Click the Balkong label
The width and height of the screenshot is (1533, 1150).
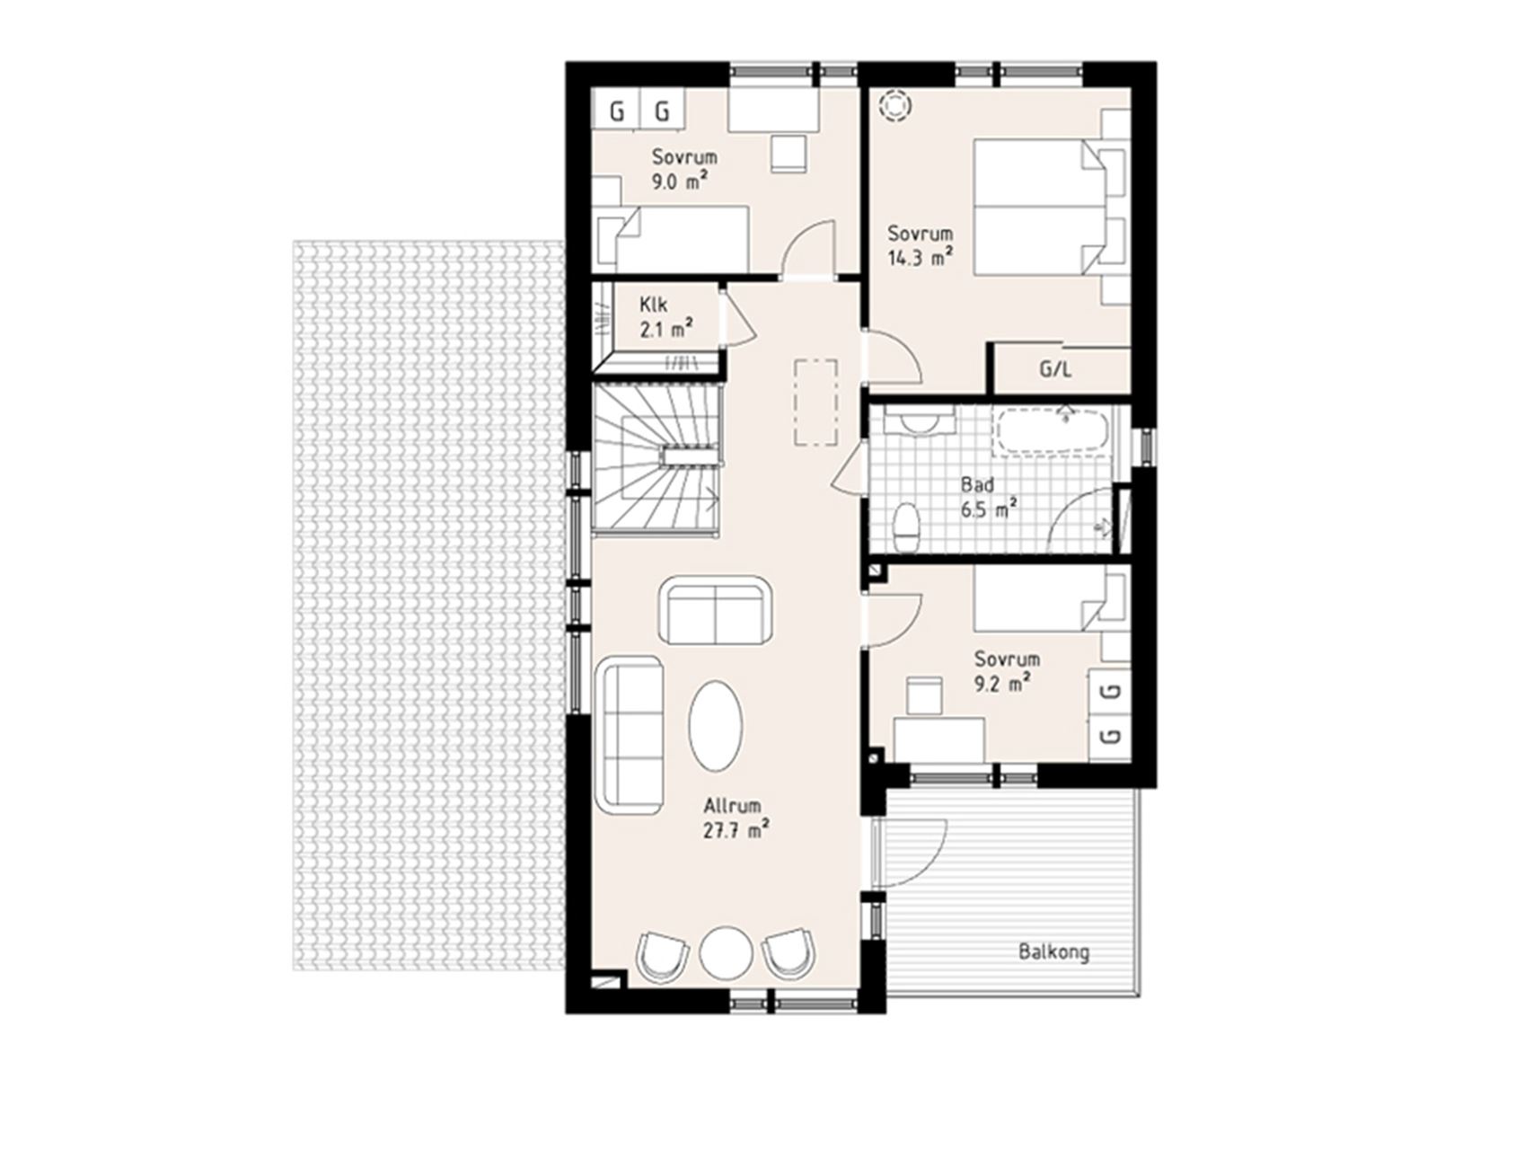click(x=1054, y=951)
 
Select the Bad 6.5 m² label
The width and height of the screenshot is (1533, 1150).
click(x=988, y=498)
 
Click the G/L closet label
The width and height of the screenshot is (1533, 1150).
click(x=1055, y=369)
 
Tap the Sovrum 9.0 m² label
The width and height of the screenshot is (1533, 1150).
click(x=684, y=169)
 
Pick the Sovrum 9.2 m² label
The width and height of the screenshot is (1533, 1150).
click(x=1007, y=671)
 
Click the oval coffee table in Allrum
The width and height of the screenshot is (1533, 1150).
click(x=716, y=723)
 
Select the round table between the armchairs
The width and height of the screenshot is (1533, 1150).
click(x=727, y=953)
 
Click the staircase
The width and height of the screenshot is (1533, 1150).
click(x=656, y=460)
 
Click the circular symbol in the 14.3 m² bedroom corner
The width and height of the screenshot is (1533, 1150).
click(x=894, y=105)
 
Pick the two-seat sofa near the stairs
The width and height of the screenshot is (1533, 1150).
click(x=715, y=610)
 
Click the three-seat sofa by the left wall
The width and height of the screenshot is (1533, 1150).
click(x=630, y=731)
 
